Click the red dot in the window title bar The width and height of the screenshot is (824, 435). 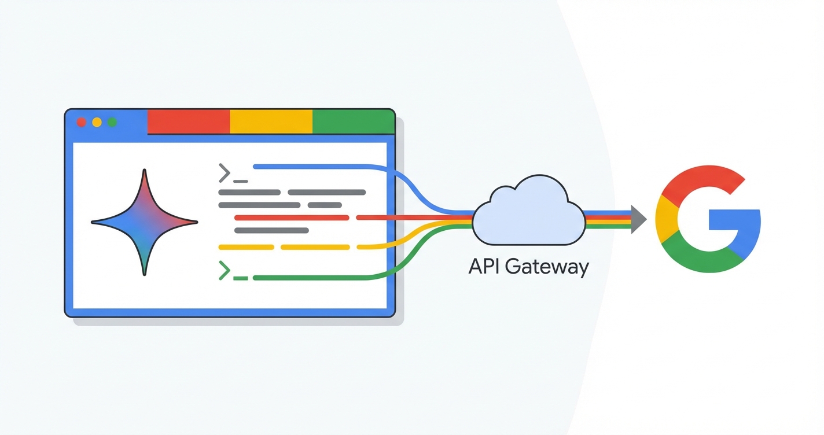[82, 122]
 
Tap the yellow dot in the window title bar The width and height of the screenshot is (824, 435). [97, 122]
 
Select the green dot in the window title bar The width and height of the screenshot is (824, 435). [112, 122]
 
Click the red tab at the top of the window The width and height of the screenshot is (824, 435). [189, 121]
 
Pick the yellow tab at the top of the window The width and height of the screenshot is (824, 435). [271, 121]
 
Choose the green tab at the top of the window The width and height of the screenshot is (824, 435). [353, 121]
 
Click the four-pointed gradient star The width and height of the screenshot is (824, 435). [145, 222]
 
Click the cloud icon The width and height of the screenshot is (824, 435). [528, 214]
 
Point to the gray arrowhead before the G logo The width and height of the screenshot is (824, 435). [638, 219]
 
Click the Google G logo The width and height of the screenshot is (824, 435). [707, 219]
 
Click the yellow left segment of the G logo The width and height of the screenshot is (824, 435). [666, 220]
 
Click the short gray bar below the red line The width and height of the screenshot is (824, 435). [271, 230]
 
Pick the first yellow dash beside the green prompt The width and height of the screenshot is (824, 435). [246, 247]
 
